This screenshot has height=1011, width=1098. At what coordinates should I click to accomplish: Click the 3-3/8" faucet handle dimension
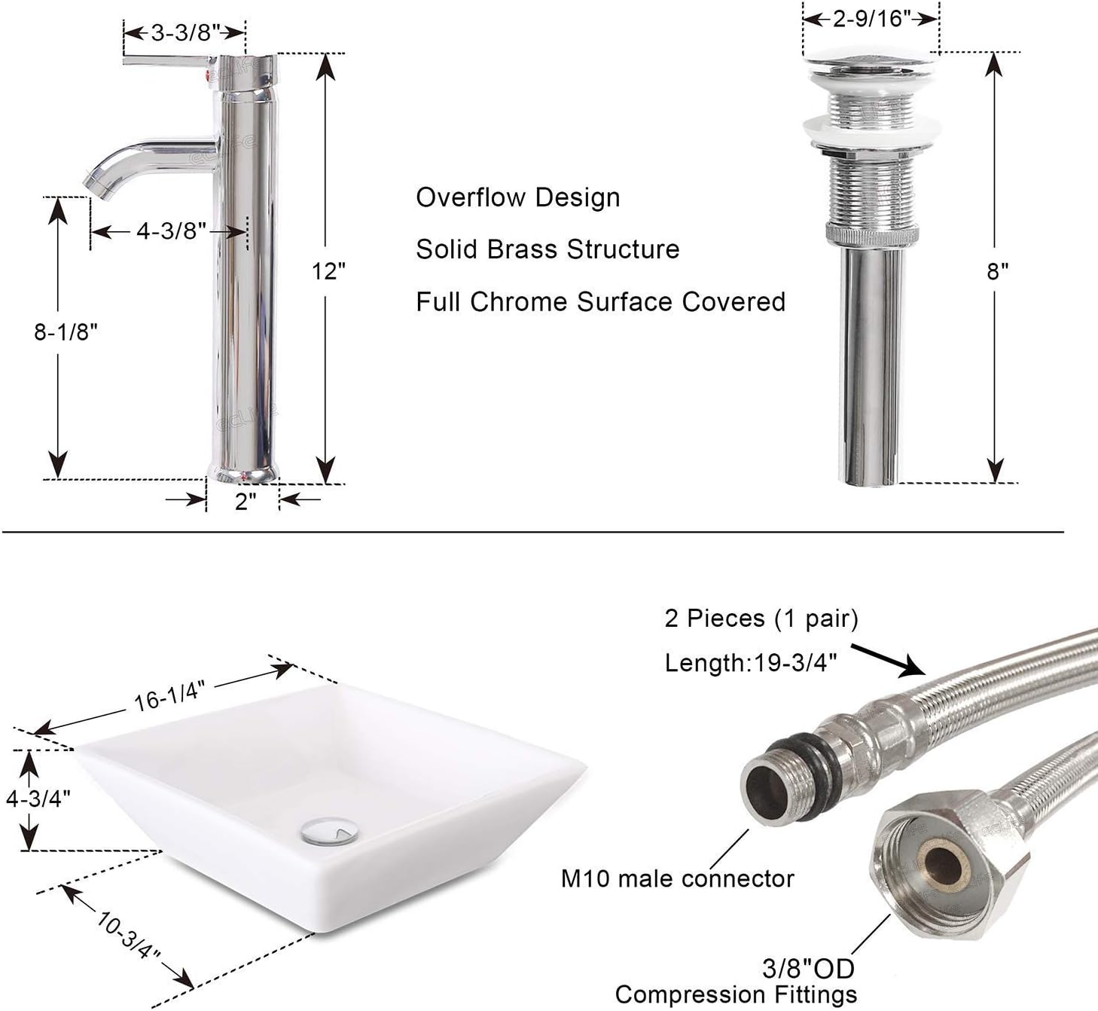coord(185,32)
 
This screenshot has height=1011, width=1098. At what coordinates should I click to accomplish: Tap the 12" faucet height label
coord(328,271)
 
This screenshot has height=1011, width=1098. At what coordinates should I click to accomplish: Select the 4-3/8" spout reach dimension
coord(171,231)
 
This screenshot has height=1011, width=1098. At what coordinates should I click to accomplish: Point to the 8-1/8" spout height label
coord(66,331)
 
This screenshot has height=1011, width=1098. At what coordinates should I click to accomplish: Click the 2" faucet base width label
coord(246,501)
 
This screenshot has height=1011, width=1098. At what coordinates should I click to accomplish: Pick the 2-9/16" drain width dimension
coord(871,18)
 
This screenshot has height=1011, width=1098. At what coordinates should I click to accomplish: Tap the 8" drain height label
coord(997,271)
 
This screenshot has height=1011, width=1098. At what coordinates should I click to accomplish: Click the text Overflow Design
coord(518,197)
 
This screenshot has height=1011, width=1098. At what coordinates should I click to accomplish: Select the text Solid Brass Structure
coord(547,249)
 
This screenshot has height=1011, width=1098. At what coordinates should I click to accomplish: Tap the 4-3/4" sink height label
coord(38,799)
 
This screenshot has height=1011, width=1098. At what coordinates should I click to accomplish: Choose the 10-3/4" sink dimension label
coord(128,934)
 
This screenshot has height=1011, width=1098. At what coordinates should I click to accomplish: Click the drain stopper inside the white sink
coord(330,831)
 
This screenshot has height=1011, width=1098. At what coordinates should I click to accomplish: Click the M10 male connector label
coord(677,878)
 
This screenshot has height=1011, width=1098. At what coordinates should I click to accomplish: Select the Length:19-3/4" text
coord(750,663)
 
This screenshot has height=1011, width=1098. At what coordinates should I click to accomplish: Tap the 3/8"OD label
coord(808,968)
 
